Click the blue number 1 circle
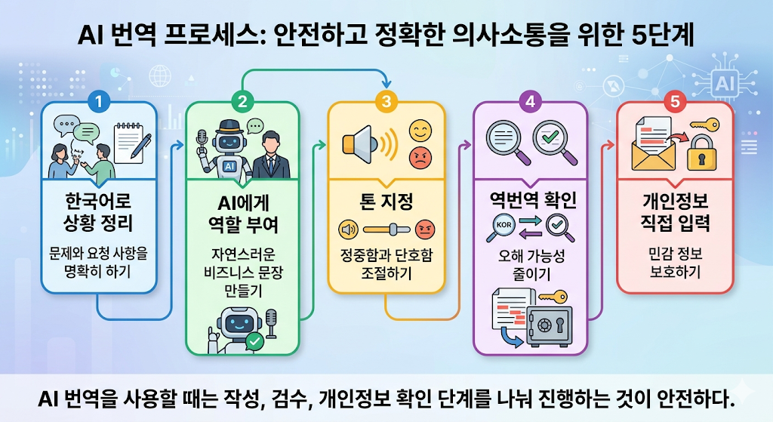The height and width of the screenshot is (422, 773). [x=99, y=102]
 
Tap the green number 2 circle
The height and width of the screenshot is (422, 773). [x=242, y=102]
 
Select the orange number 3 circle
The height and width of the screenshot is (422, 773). [x=386, y=102]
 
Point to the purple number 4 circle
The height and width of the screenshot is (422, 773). [x=531, y=102]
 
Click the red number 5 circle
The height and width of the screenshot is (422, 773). [x=675, y=102]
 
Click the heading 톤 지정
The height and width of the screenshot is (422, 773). [x=386, y=202]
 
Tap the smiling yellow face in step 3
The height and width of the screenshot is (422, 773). [x=420, y=131]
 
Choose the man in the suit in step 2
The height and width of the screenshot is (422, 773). [x=271, y=155]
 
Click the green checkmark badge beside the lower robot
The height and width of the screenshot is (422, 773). [x=255, y=341]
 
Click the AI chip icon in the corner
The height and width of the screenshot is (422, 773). [x=725, y=83]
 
